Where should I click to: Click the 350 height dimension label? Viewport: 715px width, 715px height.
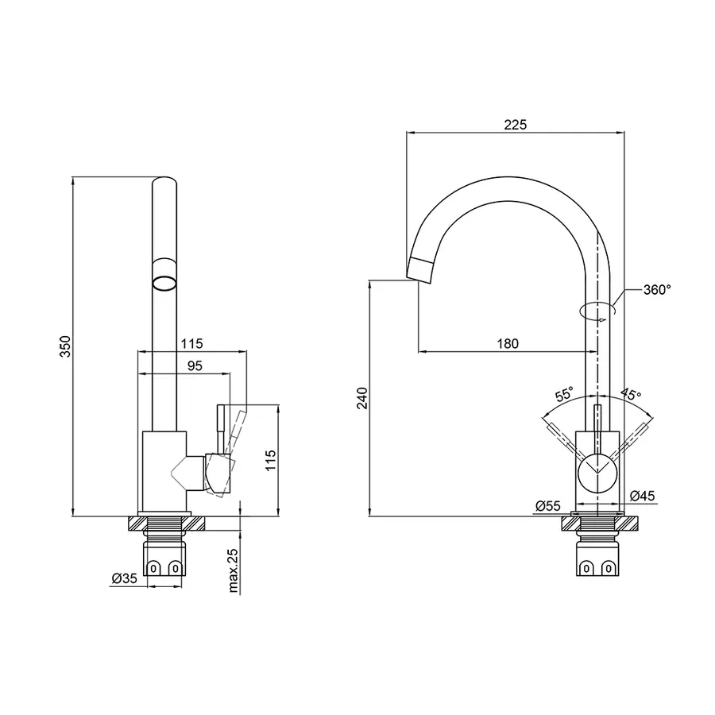pos(66,346)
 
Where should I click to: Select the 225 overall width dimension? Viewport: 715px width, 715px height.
pos(515,125)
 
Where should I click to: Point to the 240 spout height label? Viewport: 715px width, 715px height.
pos(362,398)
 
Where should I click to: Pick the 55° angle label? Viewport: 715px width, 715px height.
pos(563,395)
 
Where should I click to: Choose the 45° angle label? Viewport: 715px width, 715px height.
pos(631,395)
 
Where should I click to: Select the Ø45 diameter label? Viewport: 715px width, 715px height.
pos(642,496)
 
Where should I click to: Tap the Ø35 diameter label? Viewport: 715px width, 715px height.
pos(126,579)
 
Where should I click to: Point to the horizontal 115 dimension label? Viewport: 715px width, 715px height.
pos(191,343)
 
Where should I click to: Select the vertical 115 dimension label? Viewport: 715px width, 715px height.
pos(270,461)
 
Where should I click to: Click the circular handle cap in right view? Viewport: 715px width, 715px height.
pos(596,475)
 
